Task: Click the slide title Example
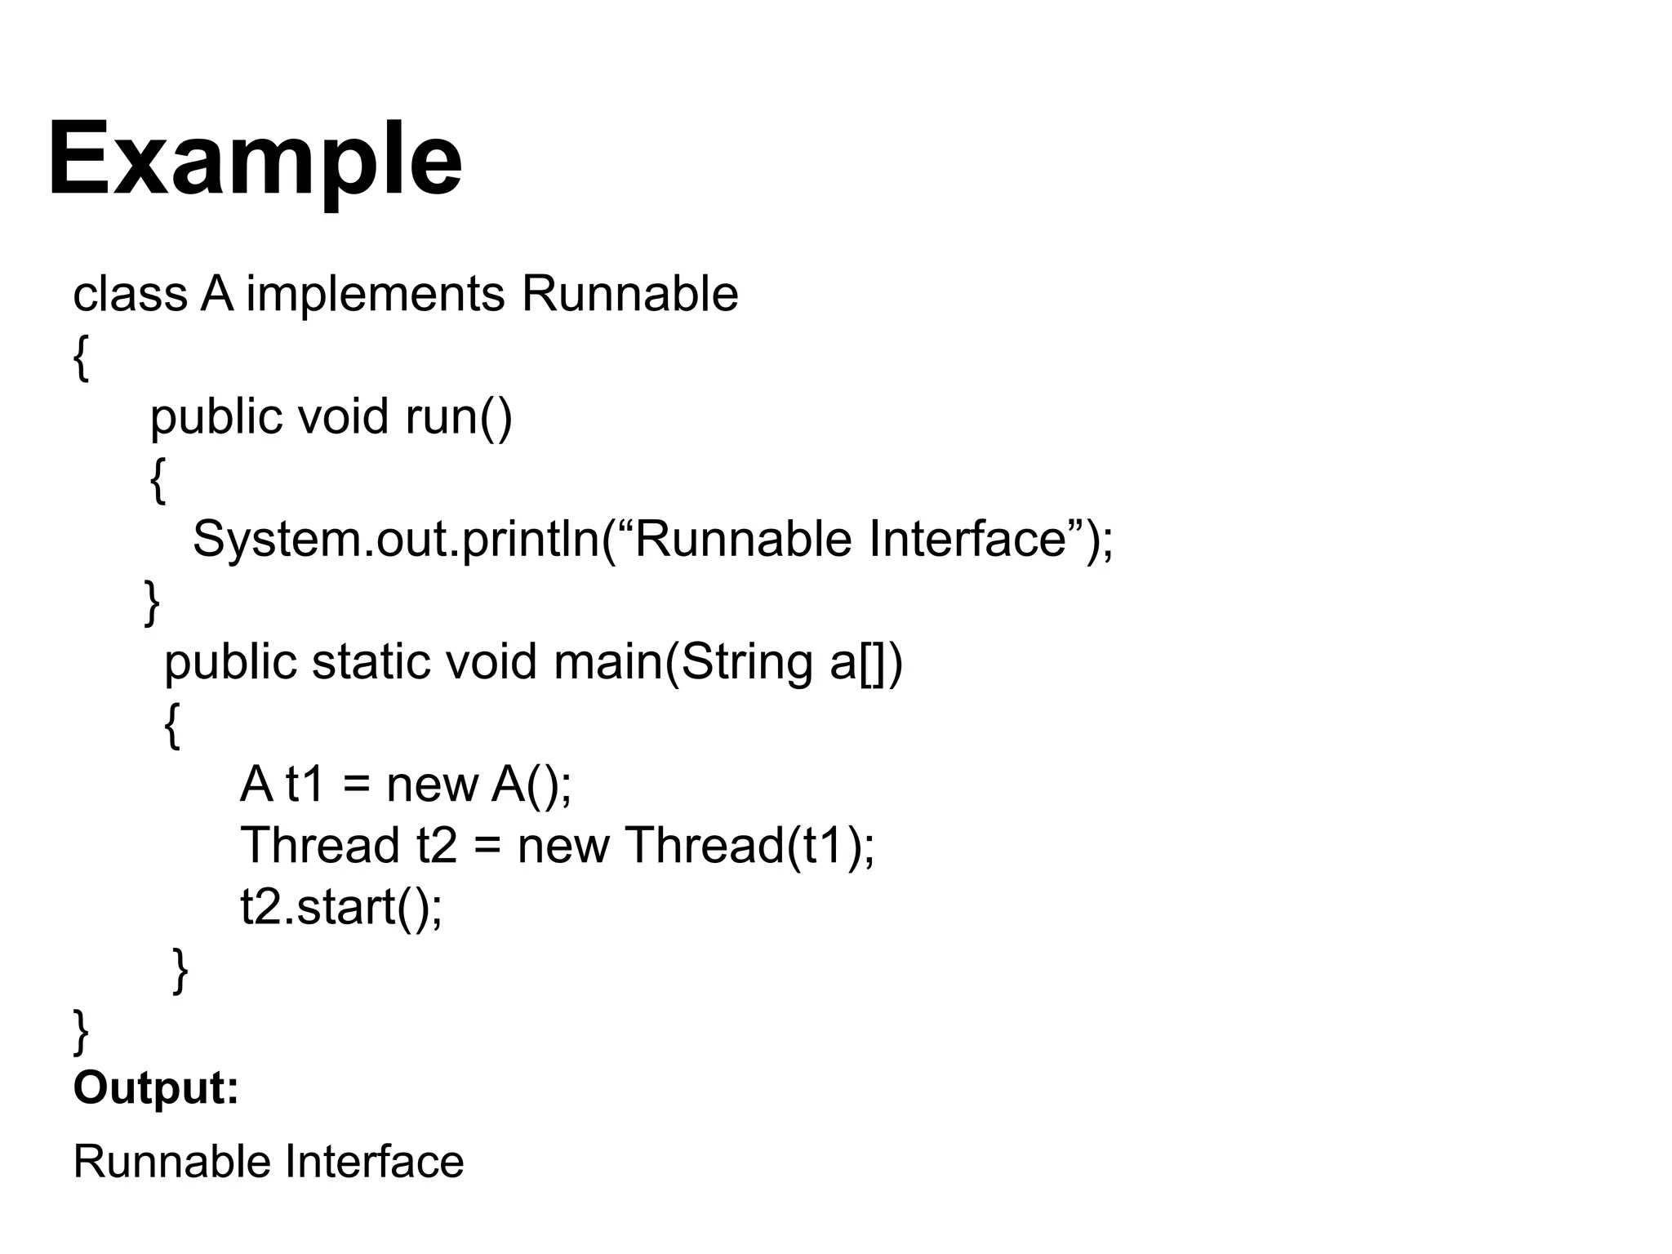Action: (255, 159)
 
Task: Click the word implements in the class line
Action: (376, 294)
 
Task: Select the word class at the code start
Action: (130, 294)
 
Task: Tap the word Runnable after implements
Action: (629, 294)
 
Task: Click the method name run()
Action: (459, 416)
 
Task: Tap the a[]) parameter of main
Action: (866, 661)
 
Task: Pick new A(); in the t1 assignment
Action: (478, 785)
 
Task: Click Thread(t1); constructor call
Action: (750, 845)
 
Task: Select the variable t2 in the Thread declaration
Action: (437, 845)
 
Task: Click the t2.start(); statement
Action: (341, 907)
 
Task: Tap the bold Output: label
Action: (156, 1087)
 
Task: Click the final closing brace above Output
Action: (81, 1031)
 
